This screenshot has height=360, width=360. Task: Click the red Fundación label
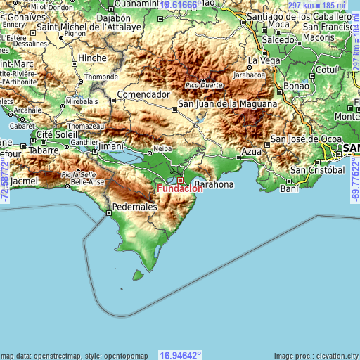click(180, 189)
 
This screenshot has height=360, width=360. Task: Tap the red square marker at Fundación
click(180, 181)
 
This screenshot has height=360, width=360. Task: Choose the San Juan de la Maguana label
click(227, 104)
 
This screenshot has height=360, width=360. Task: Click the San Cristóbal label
click(318, 170)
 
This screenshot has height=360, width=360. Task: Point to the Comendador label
click(143, 94)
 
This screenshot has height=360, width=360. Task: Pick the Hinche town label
click(93, 58)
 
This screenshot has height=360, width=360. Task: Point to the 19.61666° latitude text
click(180, 4)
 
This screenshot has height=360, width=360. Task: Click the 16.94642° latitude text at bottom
click(180, 355)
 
